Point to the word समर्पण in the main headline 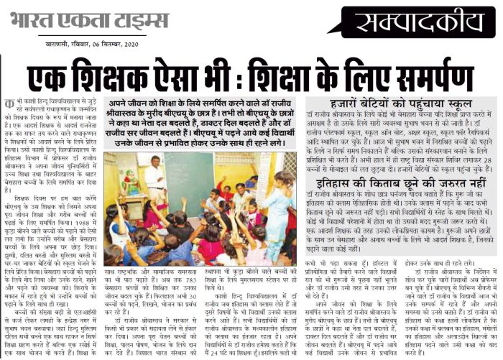click(x=425, y=76)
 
